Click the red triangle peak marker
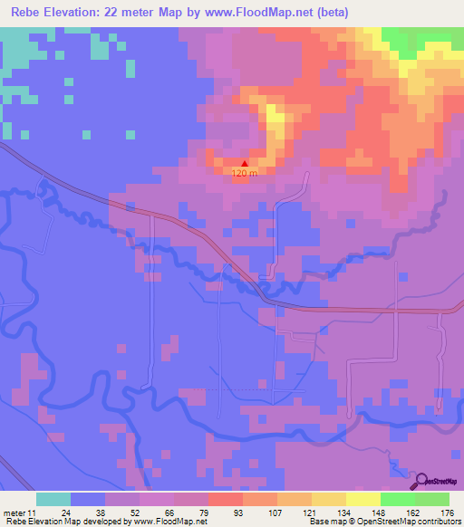coord(244,164)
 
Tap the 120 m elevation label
coord(245,174)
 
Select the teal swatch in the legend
coord(53,499)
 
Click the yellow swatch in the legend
coord(362,499)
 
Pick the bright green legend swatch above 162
coord(397,499)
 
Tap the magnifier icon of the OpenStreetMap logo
coord(422,482)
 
